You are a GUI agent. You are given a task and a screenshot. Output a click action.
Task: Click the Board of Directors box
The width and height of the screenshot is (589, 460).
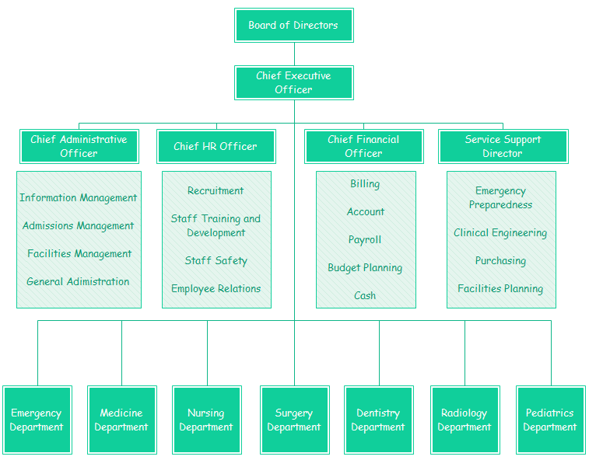tap(294, 26)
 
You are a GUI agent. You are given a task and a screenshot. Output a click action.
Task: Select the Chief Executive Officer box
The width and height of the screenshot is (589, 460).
tap(294, 82)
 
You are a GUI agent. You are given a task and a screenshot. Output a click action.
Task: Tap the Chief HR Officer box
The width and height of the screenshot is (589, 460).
tap(216, 146)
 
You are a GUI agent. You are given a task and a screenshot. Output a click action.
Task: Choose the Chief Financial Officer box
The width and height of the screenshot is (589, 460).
tap(364, 146)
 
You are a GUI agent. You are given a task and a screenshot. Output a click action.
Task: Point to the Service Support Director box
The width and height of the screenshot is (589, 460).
tap(503, 146)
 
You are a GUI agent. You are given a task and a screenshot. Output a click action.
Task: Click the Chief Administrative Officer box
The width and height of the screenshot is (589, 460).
tap(79, 146)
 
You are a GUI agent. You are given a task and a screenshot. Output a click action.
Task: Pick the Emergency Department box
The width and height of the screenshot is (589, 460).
tap(37, 420)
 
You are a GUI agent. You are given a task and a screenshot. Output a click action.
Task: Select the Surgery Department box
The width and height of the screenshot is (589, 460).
tap(294, 420)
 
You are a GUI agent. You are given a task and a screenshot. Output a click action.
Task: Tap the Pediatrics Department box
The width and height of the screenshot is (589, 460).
tap(550, 420)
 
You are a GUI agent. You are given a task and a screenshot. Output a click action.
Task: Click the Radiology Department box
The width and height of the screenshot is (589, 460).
tap(465, 420)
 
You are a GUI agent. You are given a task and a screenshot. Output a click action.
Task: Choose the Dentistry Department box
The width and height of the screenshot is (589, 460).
tap(379, 420)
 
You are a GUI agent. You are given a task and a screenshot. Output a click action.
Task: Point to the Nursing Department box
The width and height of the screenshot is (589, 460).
tap(207, 420)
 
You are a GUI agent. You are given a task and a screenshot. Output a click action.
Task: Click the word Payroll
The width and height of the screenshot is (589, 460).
tap(365, 240)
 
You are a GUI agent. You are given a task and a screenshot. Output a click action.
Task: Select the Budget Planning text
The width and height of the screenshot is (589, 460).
tap(365, 268)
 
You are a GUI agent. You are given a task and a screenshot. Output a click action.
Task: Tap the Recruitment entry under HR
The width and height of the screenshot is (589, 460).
tap(216, 191)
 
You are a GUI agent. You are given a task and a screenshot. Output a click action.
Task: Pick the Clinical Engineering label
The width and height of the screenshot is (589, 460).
tap(500, 233)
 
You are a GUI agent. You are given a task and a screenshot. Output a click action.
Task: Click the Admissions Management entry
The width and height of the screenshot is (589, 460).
tap(79, 226)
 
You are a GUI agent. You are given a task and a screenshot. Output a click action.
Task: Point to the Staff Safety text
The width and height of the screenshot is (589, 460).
tap(216, 261)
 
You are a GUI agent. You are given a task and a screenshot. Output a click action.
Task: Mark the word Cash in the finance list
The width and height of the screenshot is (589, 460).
tap(365, 296)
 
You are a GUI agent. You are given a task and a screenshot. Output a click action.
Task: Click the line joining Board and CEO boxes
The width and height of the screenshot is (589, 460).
tap(294, 54)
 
